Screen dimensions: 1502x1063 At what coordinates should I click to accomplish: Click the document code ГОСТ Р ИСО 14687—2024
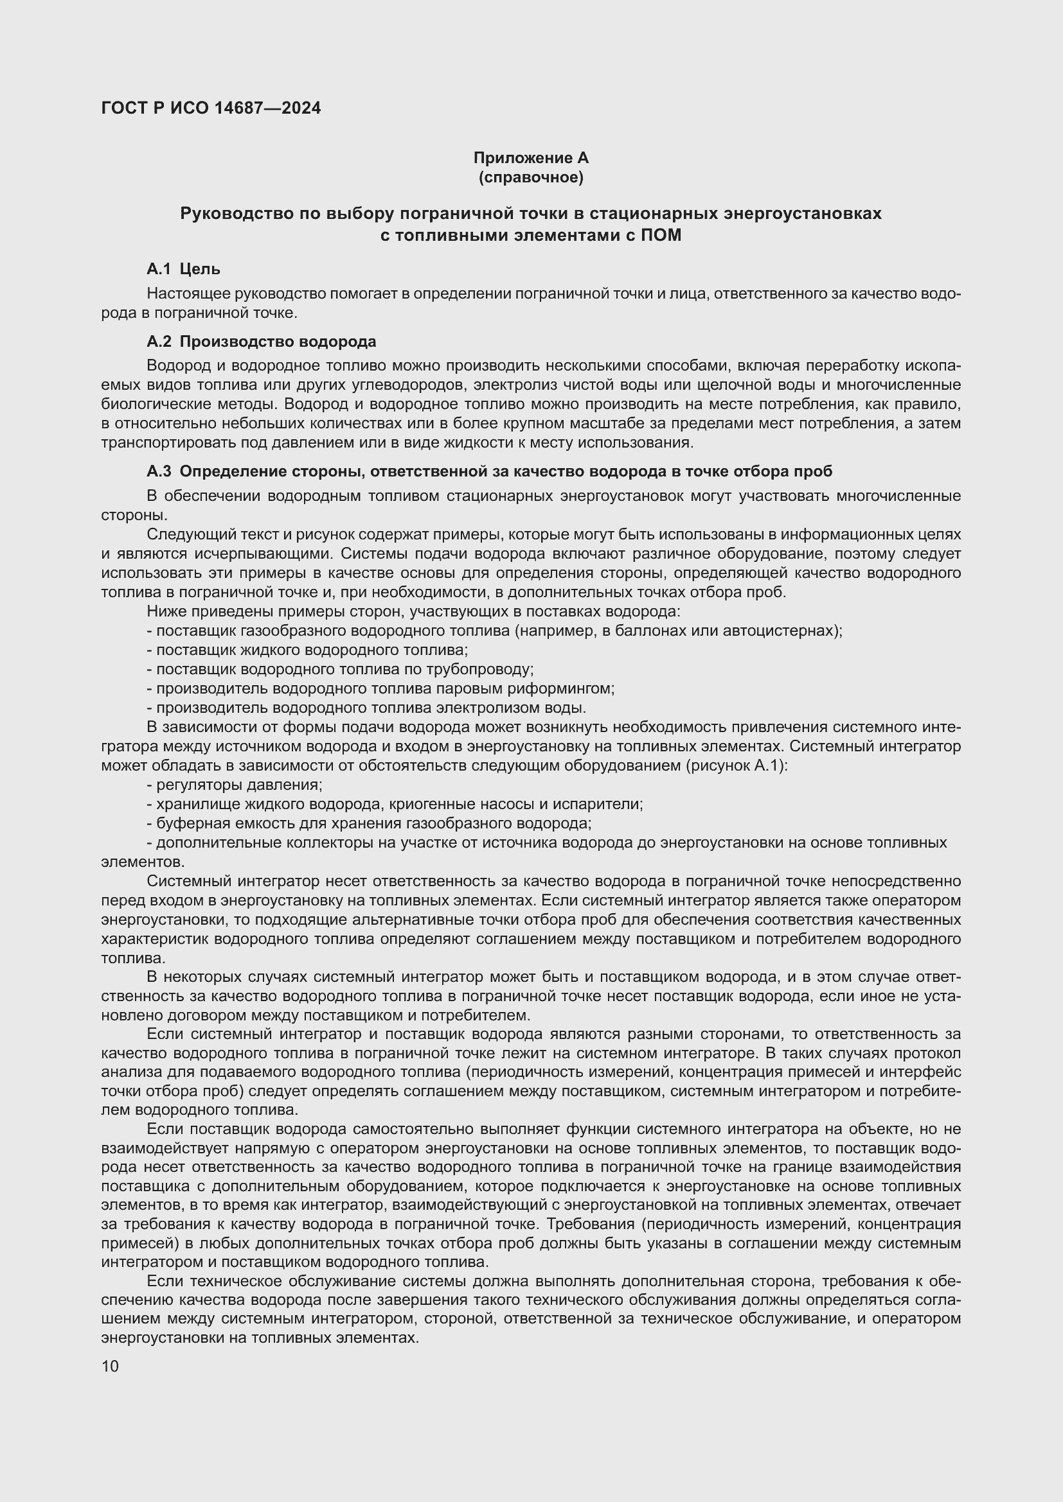tap(211, 109)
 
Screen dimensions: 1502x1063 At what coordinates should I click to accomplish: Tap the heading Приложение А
tap(531, 158)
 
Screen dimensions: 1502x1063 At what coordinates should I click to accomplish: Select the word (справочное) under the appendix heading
tap(531, 177)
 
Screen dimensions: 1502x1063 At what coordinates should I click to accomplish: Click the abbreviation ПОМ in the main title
tap(661, 235)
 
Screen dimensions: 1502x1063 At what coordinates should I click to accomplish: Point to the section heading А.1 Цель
tap(183, 269)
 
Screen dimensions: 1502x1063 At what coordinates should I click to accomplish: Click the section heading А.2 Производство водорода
tap(261, 342)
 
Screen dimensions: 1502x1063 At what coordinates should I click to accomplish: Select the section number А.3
tap(159, 471)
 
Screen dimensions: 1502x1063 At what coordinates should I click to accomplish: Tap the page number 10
tap(110, 1366)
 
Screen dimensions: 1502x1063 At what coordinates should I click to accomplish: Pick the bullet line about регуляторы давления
tap(236, 784)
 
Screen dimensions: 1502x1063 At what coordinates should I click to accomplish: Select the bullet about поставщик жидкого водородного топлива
tap(308, 650)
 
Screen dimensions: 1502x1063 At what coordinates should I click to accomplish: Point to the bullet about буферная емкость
tap(370, 823)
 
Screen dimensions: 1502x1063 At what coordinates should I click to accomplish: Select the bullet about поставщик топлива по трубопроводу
tap(341, 669)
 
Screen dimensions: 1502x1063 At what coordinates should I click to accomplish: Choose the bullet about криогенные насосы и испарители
tap(395, 804)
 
